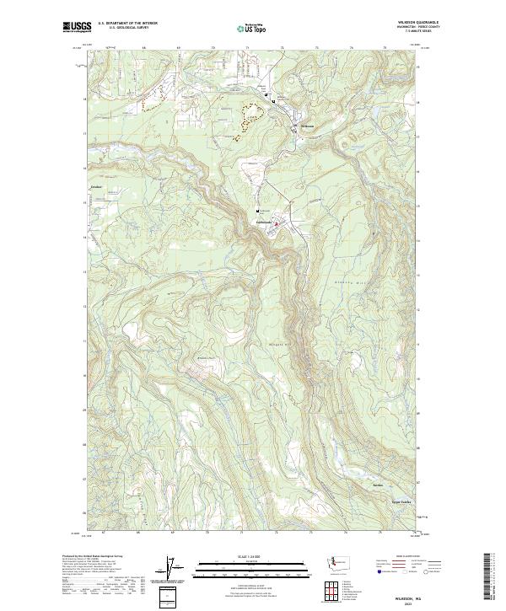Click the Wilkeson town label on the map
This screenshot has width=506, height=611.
point(308,126)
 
